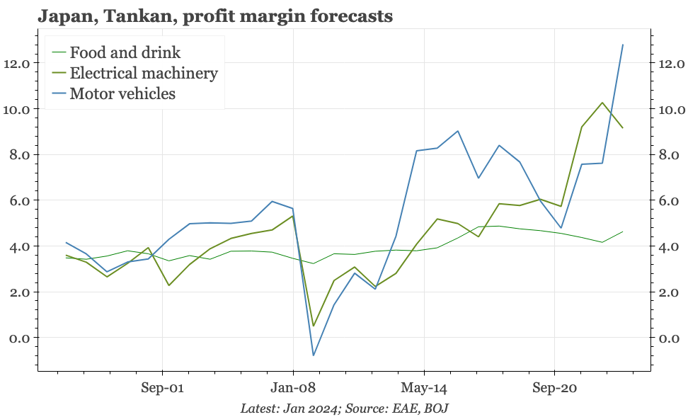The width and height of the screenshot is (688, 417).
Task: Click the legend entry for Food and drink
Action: click(x=125, y=52)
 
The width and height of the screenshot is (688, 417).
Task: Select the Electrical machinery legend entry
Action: click(x=144, y=73)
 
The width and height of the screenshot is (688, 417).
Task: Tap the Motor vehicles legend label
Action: click(x=122, y=93)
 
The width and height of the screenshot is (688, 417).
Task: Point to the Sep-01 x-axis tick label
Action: click(x=163, y=388)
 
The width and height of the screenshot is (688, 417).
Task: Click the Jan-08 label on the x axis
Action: click(x=293, y=388)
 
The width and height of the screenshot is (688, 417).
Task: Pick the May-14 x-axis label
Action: click(x=423, y=388)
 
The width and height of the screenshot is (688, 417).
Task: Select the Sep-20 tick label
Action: click(x=554, y=388)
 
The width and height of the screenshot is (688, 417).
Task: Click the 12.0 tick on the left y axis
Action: click(x=16, y=64)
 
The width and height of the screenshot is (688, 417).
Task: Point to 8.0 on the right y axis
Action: click(x=669, y=155)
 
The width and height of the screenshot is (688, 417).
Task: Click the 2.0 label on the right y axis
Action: click(x=669, y=292)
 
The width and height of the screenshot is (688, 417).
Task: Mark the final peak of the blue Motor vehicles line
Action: click(x=622, y=45)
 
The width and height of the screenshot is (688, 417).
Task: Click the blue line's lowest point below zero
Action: click(x=314, y=355)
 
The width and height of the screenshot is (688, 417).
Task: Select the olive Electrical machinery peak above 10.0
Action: click(x=602, y=103)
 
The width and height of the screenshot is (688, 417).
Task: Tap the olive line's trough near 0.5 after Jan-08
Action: click(x=314, y=326)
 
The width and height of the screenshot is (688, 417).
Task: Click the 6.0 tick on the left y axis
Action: click(x=19, y=201)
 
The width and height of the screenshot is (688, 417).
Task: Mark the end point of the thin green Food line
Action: click(x=622, y=232)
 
